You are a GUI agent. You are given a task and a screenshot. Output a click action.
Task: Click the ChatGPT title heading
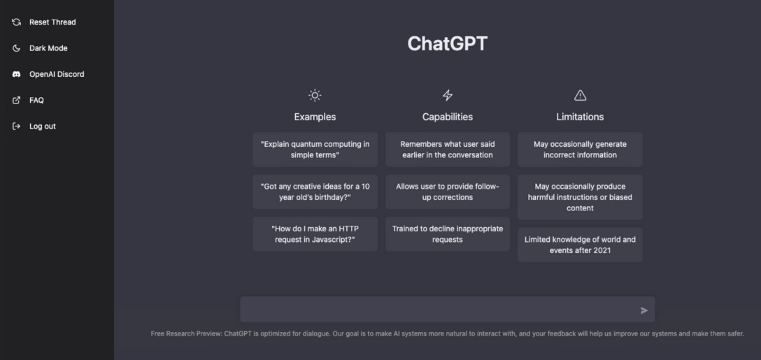447,43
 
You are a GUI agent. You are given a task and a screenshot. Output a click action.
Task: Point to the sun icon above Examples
315,96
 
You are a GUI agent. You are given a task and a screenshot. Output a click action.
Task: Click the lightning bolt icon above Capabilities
448,96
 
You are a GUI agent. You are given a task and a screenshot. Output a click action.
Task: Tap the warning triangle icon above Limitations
580,96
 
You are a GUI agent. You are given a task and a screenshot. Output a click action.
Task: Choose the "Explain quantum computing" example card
315,150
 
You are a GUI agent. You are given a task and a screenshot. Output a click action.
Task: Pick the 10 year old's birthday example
315,192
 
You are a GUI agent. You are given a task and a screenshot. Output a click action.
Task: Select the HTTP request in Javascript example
315,234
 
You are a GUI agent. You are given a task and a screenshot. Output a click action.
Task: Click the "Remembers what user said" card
448,150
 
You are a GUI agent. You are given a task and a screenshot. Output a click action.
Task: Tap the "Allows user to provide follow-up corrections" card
448,192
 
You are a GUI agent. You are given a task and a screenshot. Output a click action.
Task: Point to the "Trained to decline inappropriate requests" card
448,234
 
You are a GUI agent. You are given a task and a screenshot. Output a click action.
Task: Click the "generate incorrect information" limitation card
580,150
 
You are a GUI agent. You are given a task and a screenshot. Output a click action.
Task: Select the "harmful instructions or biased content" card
580,197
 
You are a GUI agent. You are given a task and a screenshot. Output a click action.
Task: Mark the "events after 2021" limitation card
580,245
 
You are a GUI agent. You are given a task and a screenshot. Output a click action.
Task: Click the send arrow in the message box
644,310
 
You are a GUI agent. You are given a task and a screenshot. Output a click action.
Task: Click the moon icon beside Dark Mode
17,48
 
